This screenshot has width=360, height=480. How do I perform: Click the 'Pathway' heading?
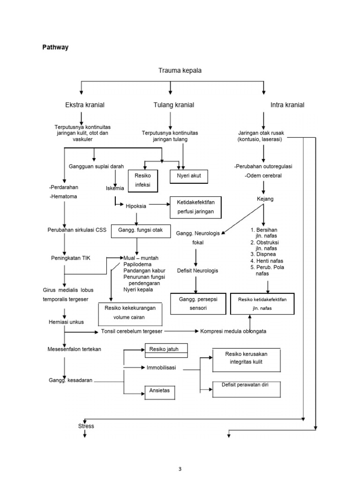[55, 47]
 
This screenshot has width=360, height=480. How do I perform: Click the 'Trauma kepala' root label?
[180, 70]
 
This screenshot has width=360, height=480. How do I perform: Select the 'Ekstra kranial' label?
[85, 105]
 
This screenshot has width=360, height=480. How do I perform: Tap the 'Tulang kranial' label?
[173, 105]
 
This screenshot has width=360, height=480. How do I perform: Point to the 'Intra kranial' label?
[287, 105]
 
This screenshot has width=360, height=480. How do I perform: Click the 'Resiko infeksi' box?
[143, 180]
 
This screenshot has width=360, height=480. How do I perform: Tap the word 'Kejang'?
[265, 199]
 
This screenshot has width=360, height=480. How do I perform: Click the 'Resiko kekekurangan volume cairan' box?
[130, 313]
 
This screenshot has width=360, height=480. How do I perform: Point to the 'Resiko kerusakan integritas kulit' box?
[246, 359]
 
